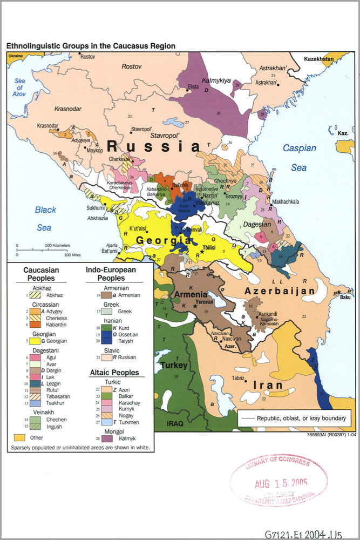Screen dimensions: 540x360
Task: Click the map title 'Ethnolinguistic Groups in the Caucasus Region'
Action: click(91, 46)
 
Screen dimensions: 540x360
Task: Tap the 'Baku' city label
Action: click(345, 298)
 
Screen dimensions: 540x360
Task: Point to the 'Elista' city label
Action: click(193, 86)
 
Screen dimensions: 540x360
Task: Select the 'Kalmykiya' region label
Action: click(216, 80)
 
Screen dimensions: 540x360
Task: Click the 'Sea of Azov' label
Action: click(20, 87)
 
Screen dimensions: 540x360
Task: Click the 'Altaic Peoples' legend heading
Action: click(114, 373)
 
